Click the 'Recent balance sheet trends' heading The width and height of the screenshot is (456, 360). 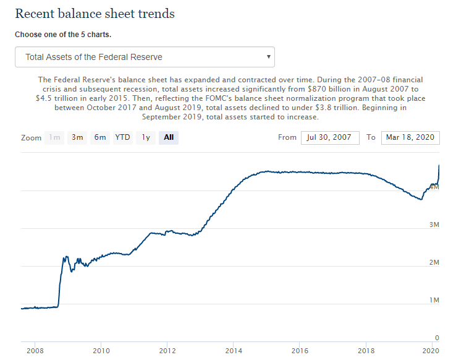tap(95, 13)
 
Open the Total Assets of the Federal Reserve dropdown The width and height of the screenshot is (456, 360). tap(145, 57)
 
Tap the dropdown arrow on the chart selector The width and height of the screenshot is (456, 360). tap(268, 56)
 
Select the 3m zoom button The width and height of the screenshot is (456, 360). tap(77, 137)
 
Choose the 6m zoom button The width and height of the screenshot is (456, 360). tap(100, 137)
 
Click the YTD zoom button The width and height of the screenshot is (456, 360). tap(123, 137)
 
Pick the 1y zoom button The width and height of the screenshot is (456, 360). tap(146, 137)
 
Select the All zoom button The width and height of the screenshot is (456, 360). tap(169, 137)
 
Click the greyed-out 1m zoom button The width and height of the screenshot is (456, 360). tap(55, 137)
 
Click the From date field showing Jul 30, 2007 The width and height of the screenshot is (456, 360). tap(330, 137)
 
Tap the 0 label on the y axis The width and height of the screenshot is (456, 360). tap(436, 338)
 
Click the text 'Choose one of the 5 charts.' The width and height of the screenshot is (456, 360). tap(63, 35)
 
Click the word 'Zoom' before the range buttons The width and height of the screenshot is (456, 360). tap(30, 137)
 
